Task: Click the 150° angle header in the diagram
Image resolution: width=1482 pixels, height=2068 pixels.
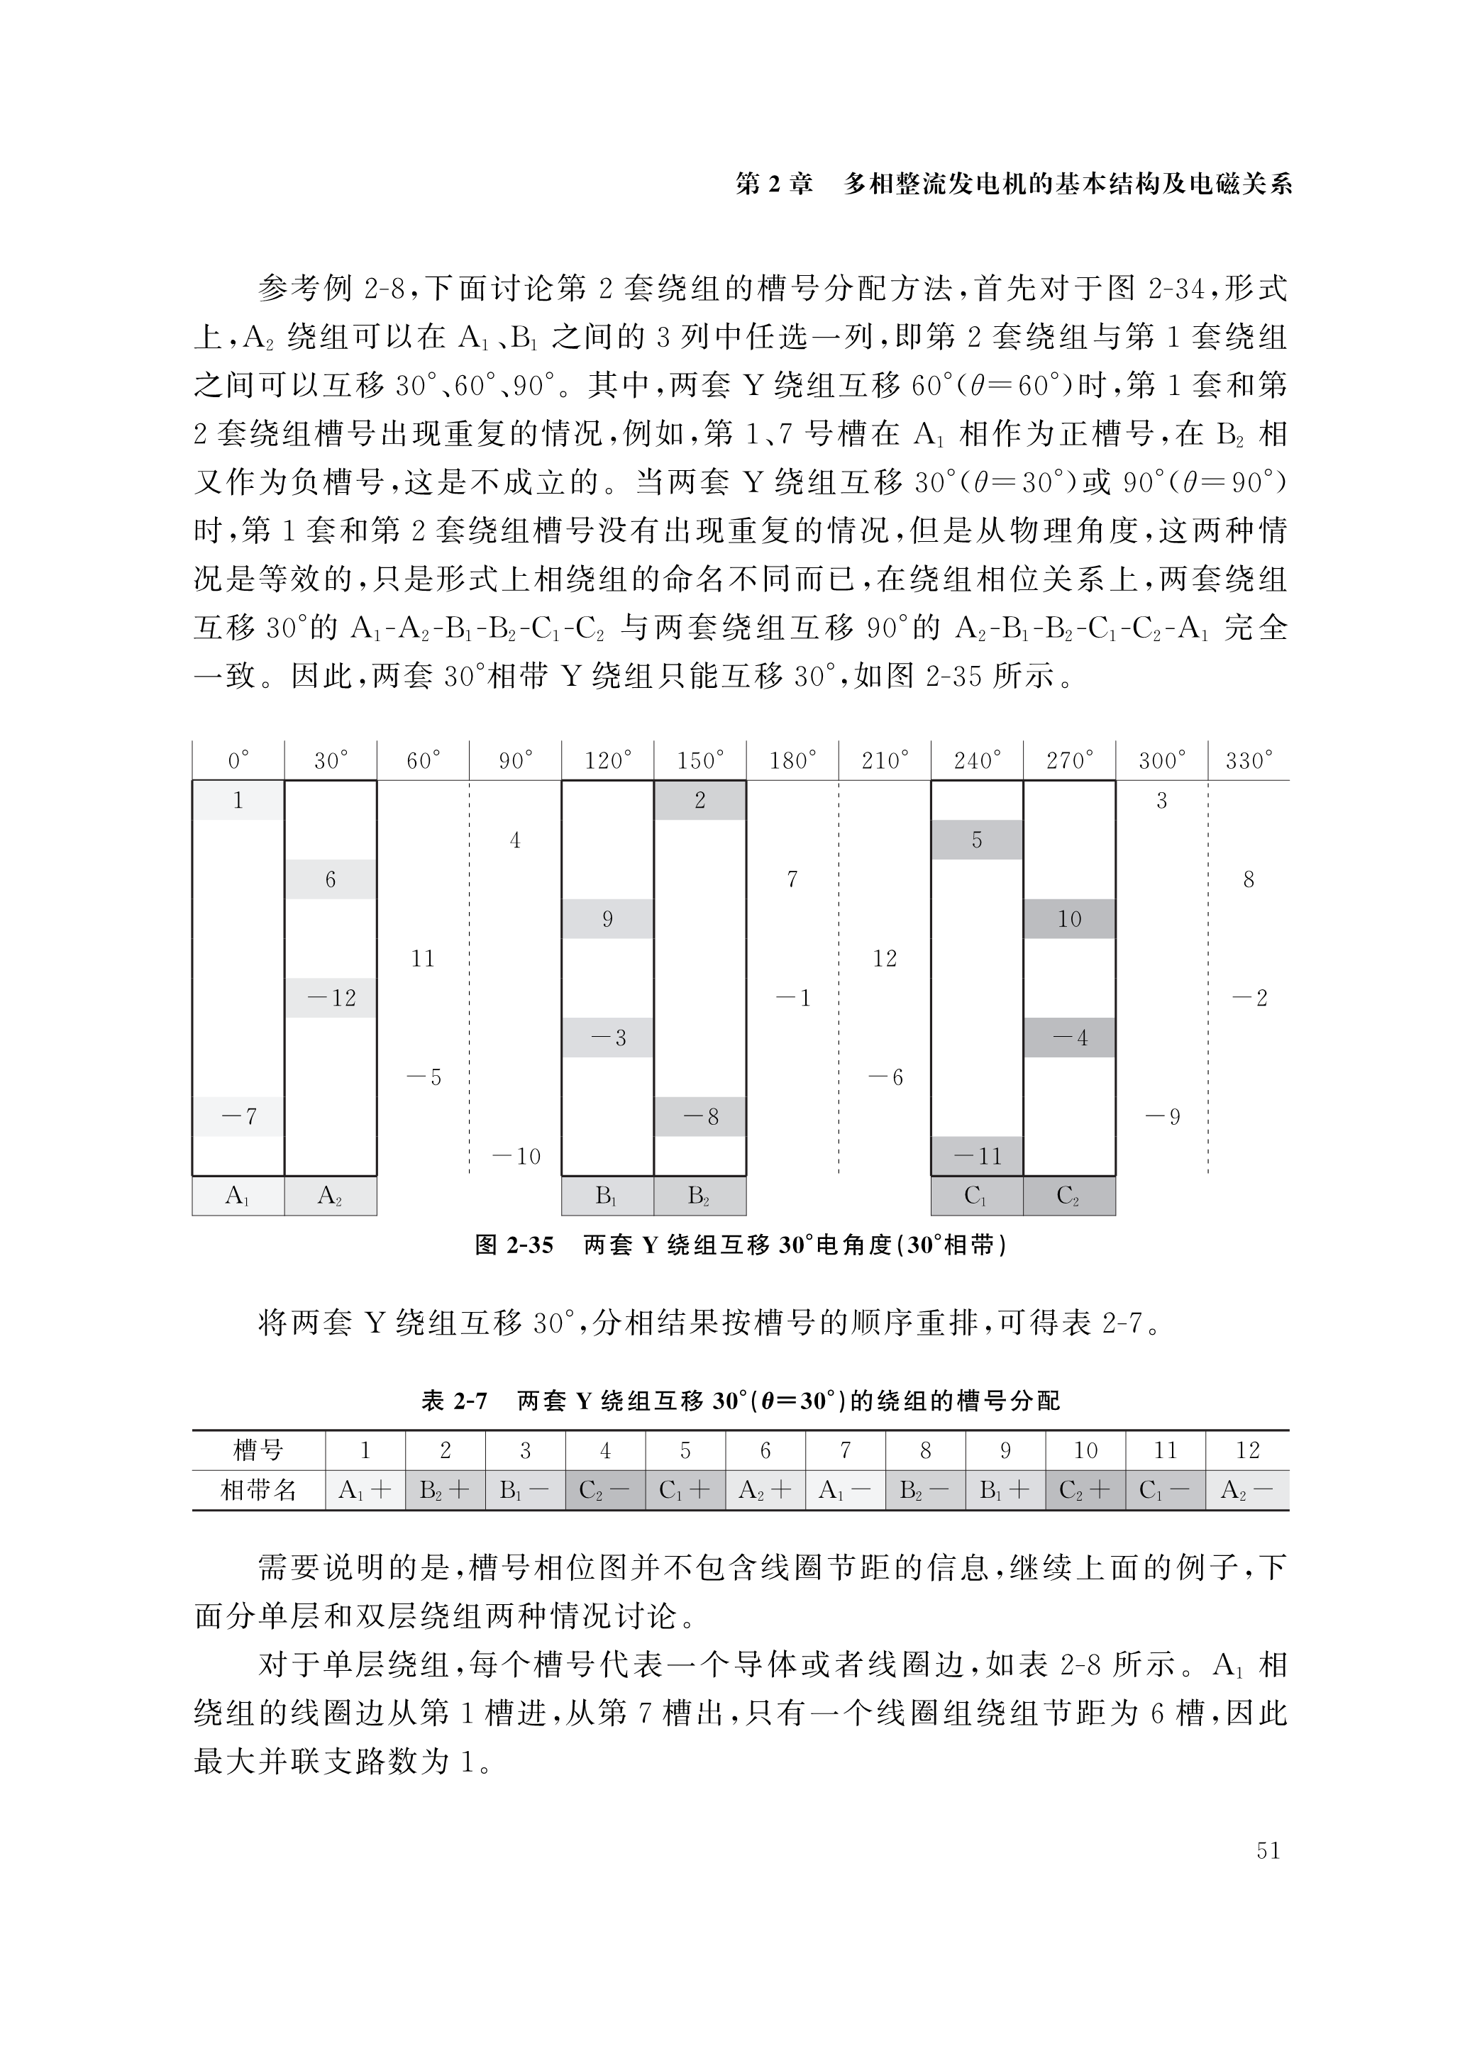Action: click(699, 760)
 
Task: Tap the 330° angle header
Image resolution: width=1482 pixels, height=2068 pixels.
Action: click(1249, 760)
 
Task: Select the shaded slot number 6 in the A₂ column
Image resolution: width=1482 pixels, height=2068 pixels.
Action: click(330, 879)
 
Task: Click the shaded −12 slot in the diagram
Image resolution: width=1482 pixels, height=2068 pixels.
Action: click(330, 998)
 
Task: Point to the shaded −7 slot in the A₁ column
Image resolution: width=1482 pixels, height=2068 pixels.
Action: click(238, 1116)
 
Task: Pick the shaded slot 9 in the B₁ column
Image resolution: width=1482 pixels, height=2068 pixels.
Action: click(607, 919)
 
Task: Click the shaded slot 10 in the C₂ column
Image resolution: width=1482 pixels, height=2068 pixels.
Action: click(1069, 919)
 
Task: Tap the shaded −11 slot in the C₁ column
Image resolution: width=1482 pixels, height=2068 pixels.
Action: click(977, 1156)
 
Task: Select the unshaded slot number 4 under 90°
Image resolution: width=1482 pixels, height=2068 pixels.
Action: click(515, 840)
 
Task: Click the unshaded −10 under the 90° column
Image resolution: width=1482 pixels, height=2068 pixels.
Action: click(515, 1156)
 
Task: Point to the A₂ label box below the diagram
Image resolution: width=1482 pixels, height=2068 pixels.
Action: click(330, 1196)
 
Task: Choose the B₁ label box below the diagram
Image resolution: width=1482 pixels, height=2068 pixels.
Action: click(607, 1196)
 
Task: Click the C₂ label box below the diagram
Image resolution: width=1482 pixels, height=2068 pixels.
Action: click(1069, 1196)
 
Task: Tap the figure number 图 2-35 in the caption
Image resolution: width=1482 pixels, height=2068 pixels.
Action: click(514, 1245)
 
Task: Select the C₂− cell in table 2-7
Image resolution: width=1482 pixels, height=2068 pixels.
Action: click(604, 1491)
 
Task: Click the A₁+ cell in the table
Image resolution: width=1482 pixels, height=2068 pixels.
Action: click(365, 1491)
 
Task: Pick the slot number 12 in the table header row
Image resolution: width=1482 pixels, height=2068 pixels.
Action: click(1246, 1451)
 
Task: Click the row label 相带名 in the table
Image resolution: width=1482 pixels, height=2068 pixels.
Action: click(259, 1491)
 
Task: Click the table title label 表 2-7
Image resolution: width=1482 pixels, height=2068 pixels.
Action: click(454, 1401)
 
